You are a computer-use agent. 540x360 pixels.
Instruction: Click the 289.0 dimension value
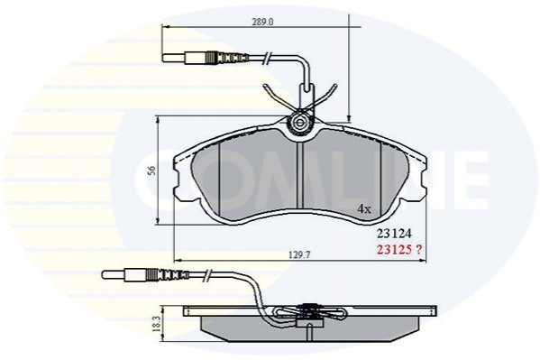point(262,22)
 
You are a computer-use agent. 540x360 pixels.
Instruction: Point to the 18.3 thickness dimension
point(157,323)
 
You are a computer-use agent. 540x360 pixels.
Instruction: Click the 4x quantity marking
point(364,208)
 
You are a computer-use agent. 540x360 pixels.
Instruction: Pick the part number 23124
point(394,234)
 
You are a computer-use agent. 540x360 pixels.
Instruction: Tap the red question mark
point(418,249)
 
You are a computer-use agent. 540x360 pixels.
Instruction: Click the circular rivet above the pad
point(300,122)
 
